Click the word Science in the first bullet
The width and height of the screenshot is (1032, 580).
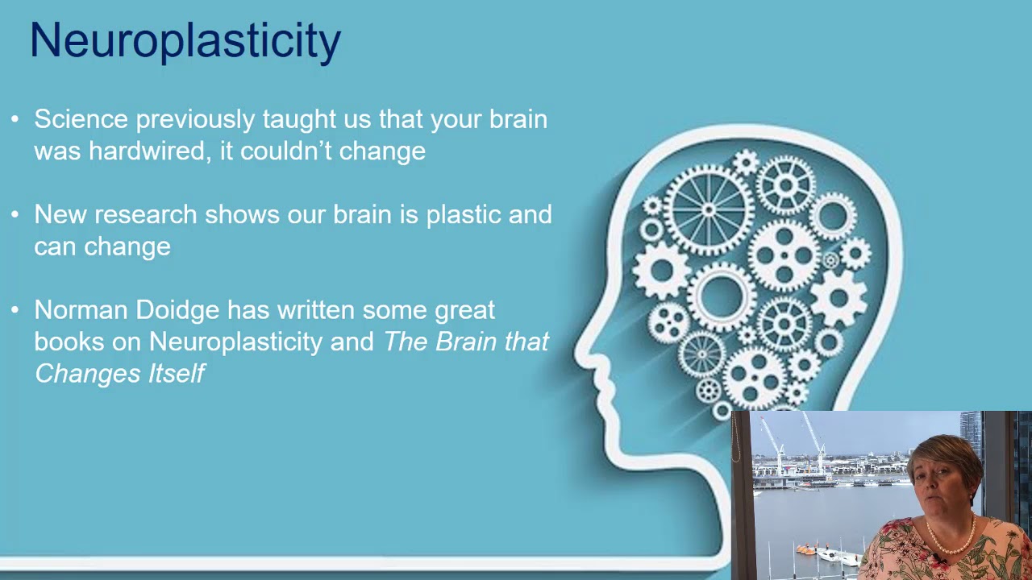pos(81,119)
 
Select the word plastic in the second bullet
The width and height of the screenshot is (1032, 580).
pos(464,215)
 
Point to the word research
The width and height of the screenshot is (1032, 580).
pos(146,215)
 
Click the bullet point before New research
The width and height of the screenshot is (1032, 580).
pos(15,214)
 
